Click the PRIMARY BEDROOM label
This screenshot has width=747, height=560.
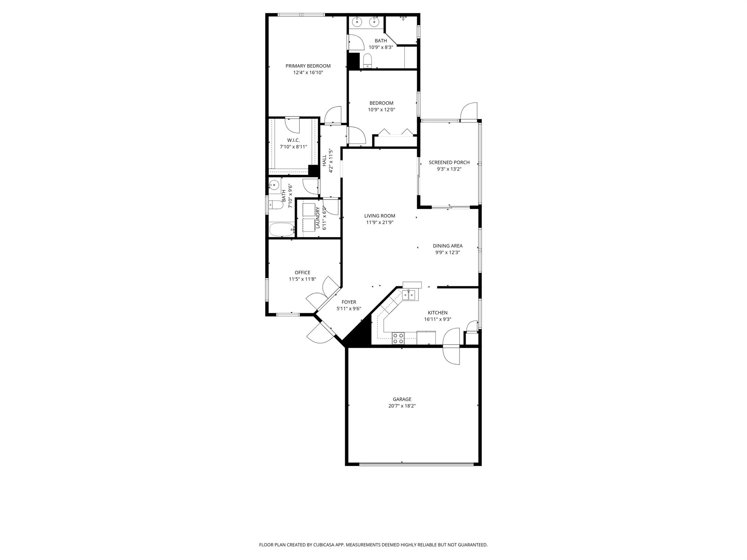coord(308,66)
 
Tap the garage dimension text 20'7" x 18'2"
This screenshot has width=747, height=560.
coord(402,406)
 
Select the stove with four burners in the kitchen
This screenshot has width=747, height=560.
coord(398,338)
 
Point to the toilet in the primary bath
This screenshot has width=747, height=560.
coord(367,60)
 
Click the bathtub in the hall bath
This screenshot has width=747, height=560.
coord(282,230)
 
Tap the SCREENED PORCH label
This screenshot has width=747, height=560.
coord(449,163)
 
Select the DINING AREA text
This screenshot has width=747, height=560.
coord(448,246)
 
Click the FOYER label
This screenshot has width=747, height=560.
coord(349,302)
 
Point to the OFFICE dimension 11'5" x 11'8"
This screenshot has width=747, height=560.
coord(302,279)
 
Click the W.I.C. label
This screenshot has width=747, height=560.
coord(293,140)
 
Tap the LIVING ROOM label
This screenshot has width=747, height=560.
coord(380,216)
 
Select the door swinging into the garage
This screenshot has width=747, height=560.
coord(451,355)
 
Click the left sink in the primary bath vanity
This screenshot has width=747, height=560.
coord(356,22)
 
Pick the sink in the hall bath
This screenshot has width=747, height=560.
coord(274,185)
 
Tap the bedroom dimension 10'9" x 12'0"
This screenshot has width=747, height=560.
coord(382,110)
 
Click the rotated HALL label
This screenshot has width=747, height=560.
coord(324,160)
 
